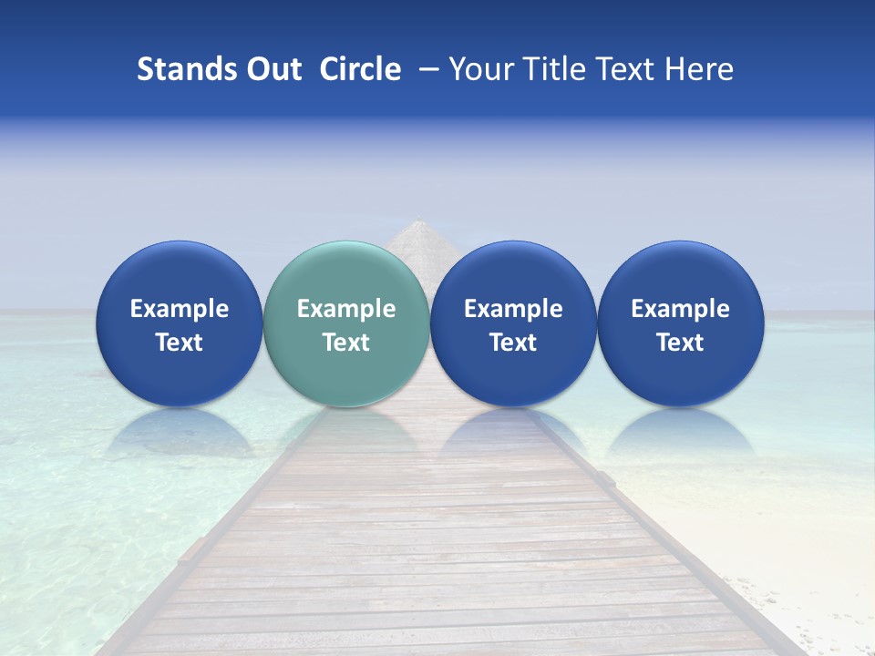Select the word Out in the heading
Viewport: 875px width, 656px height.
tap(273, 69)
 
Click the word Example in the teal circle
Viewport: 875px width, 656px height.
tap(346, 309)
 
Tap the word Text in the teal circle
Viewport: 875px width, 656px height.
tap(346, 343)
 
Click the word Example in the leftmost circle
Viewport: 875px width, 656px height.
tap(179, 309)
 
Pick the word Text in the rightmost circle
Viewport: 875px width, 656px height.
tap(680, 343)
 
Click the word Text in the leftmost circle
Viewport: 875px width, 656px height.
tap(179, 343)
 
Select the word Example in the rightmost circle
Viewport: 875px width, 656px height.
tap(680, 309)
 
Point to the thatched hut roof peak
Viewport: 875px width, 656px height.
tap(418, 222)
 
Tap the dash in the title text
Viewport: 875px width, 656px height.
tap(427, 70)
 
